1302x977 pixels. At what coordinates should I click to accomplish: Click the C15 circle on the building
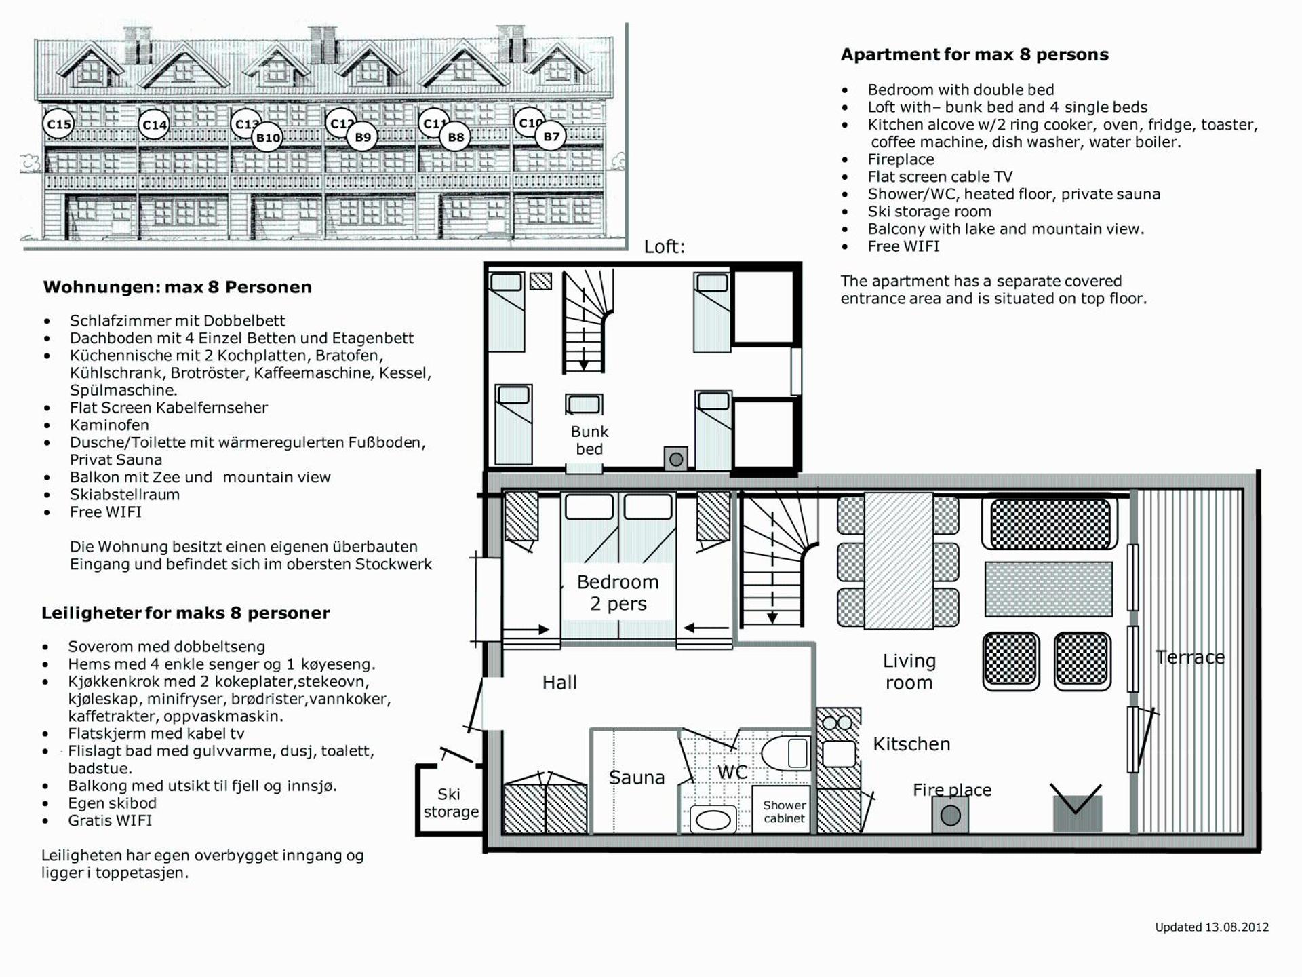click(59, 125)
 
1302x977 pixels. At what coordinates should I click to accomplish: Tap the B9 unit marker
click(363, 138)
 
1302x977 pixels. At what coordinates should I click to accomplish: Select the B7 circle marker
click(551, 137)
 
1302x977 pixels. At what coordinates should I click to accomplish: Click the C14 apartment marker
click(155, 125)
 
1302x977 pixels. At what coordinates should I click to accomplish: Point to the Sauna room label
click(636, 778)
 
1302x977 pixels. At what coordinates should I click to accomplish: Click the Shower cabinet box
click(784, 811)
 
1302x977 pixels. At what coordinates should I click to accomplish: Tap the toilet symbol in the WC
click(787, 754)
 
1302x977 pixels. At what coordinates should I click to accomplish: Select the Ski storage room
click(450, 803)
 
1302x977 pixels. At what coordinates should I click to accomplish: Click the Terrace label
click(1190, 657)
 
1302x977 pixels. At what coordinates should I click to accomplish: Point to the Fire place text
click(951, 790)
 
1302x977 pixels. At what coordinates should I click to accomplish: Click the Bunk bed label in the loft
click(589, 440)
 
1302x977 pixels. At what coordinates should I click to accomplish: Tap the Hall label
click(559, 683)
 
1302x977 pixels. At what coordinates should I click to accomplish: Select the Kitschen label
click(911, 744)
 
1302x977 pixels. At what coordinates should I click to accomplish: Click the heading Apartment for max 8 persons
click(974, 55)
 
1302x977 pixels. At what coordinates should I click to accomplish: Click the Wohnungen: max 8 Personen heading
click(177, 287)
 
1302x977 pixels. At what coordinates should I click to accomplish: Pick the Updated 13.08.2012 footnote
click(1211, 927)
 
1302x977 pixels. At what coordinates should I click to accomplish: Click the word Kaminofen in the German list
click(109, 425)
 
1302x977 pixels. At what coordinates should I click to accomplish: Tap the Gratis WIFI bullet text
click(110, 820)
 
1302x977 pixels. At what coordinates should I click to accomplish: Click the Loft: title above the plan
click(664, 247)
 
